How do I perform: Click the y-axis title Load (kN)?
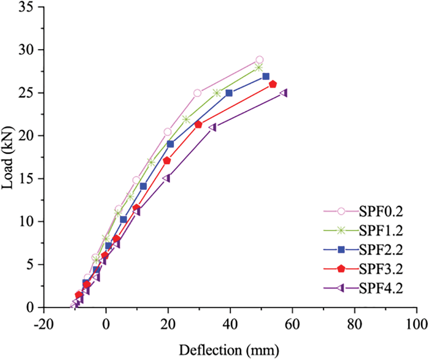point(8,157)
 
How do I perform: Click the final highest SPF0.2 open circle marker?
point(259,60)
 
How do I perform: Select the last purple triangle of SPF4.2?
point(284,93)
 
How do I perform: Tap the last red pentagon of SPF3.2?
point(273,84)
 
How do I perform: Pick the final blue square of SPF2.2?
point(266,76)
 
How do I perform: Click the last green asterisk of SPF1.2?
point(259,67)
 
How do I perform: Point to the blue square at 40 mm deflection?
point(229,93)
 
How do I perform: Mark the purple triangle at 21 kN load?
point(213,127)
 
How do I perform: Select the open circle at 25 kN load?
point(197,93)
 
